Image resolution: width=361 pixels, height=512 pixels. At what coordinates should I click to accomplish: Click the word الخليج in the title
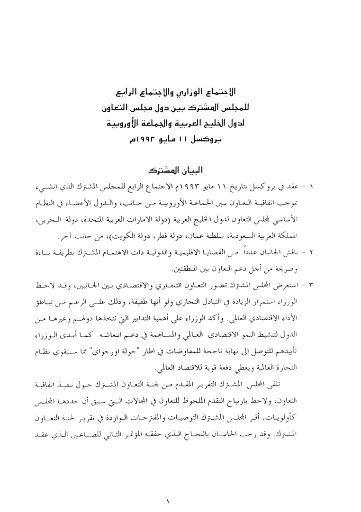click(x=204, y=124)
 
